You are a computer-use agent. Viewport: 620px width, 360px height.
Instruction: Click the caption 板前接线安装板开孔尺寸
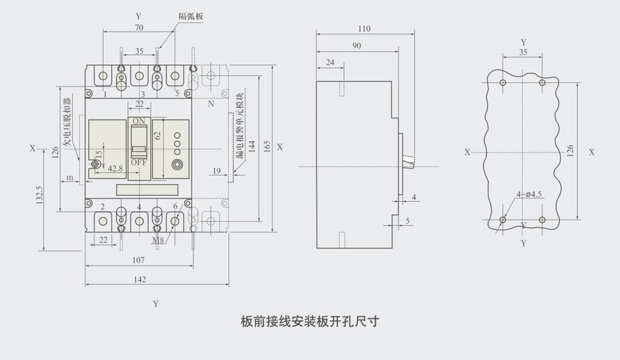point(309,321)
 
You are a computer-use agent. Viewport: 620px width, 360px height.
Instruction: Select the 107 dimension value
point(138,260)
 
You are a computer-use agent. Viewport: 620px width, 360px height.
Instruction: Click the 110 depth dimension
point(364,29)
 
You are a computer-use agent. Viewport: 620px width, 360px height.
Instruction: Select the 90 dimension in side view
point(357,46)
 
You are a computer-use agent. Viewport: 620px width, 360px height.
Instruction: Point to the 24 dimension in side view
point(330,63)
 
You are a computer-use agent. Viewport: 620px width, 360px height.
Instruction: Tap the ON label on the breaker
point(139,120)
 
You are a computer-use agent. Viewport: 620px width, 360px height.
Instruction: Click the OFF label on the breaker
point(139,162)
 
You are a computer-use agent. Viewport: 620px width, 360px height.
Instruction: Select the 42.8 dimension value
point(115,167)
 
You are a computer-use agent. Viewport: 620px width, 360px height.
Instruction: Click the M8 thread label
point(159,240)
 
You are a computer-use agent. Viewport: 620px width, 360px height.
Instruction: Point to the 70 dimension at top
point(139,27)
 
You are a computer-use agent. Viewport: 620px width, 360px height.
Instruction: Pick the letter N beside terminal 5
point(211,104)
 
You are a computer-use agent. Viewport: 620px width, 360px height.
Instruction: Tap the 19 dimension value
point(216,170)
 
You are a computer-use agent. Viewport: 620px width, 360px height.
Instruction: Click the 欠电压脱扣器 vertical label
point(68,123)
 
